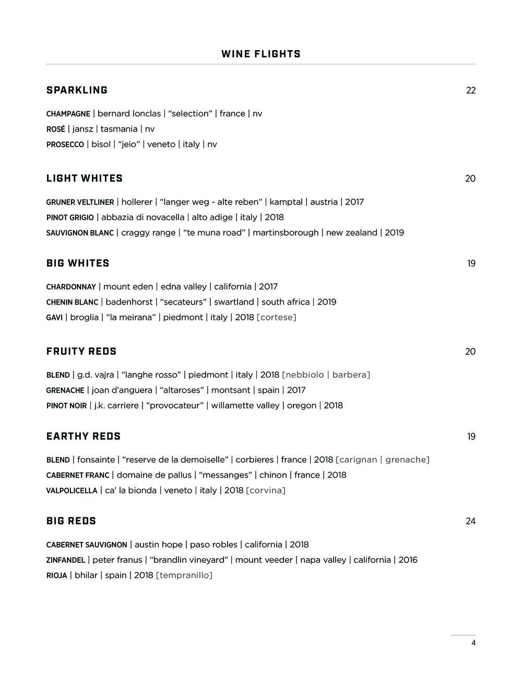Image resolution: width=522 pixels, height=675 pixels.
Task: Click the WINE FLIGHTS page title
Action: [x=261, y=54]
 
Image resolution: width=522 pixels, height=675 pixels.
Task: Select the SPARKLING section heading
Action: [x=77, y=90]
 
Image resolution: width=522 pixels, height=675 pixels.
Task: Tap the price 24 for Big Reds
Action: [x=470, y=521]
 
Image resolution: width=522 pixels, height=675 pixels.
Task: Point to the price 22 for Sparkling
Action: [x=471, y=91]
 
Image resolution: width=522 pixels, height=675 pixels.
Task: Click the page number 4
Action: [x=473, y=643]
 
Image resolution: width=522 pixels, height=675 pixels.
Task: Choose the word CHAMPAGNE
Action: [x=68, y=114]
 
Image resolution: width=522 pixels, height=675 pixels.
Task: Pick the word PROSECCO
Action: [x=65, y=144]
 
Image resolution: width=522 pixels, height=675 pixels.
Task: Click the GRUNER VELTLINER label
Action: [x=80, y=202]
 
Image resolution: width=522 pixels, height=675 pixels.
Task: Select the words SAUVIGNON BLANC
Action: [x=80, y=233]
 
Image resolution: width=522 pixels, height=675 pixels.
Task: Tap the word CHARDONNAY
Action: [x=71, y=287]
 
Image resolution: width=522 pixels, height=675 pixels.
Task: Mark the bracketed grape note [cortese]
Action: [x=276, y=317]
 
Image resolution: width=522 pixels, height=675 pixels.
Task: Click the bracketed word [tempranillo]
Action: [x=184, y=575]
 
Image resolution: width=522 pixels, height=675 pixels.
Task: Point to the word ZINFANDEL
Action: [x=65, y=560]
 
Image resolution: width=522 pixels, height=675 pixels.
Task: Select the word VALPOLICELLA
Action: [x=72, y=491]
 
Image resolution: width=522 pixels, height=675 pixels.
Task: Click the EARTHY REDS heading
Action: [x=84, y=437]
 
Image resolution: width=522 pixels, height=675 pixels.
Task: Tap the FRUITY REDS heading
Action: [x=81, y=352]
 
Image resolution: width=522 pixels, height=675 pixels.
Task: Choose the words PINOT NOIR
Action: [x=66, y=406]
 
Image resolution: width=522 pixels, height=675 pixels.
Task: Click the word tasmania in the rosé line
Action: [x=119, y=129]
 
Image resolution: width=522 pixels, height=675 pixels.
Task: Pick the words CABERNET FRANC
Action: [x=78, y=475]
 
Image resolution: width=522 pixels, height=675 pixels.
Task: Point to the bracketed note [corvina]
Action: [x=266, y=490]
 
